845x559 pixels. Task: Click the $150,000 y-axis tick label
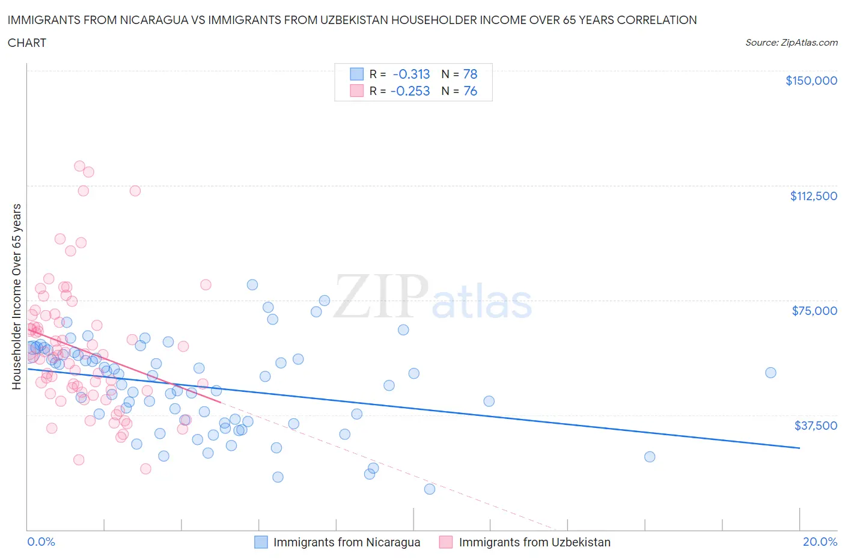811,81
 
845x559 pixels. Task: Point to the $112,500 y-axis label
813,196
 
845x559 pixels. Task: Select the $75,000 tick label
814,311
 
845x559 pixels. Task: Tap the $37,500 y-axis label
816,426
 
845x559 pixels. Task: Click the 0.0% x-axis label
41,542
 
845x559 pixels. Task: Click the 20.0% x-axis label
820,542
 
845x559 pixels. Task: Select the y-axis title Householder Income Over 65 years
17,296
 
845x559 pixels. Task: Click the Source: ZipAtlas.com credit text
791,43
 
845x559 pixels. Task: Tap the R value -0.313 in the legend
411,74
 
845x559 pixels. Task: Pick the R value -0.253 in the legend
410,91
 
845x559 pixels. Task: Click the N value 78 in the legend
470,74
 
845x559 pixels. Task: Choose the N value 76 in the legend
470,91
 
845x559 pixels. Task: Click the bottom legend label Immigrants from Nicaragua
347,542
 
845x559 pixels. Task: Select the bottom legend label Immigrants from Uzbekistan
534,542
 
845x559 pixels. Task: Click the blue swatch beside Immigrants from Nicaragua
261,542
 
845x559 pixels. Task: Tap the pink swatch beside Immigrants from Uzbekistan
445,542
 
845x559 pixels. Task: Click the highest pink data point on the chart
79,166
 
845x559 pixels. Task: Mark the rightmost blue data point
770,373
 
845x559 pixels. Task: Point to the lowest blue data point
430,489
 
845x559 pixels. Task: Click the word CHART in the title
27,43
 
